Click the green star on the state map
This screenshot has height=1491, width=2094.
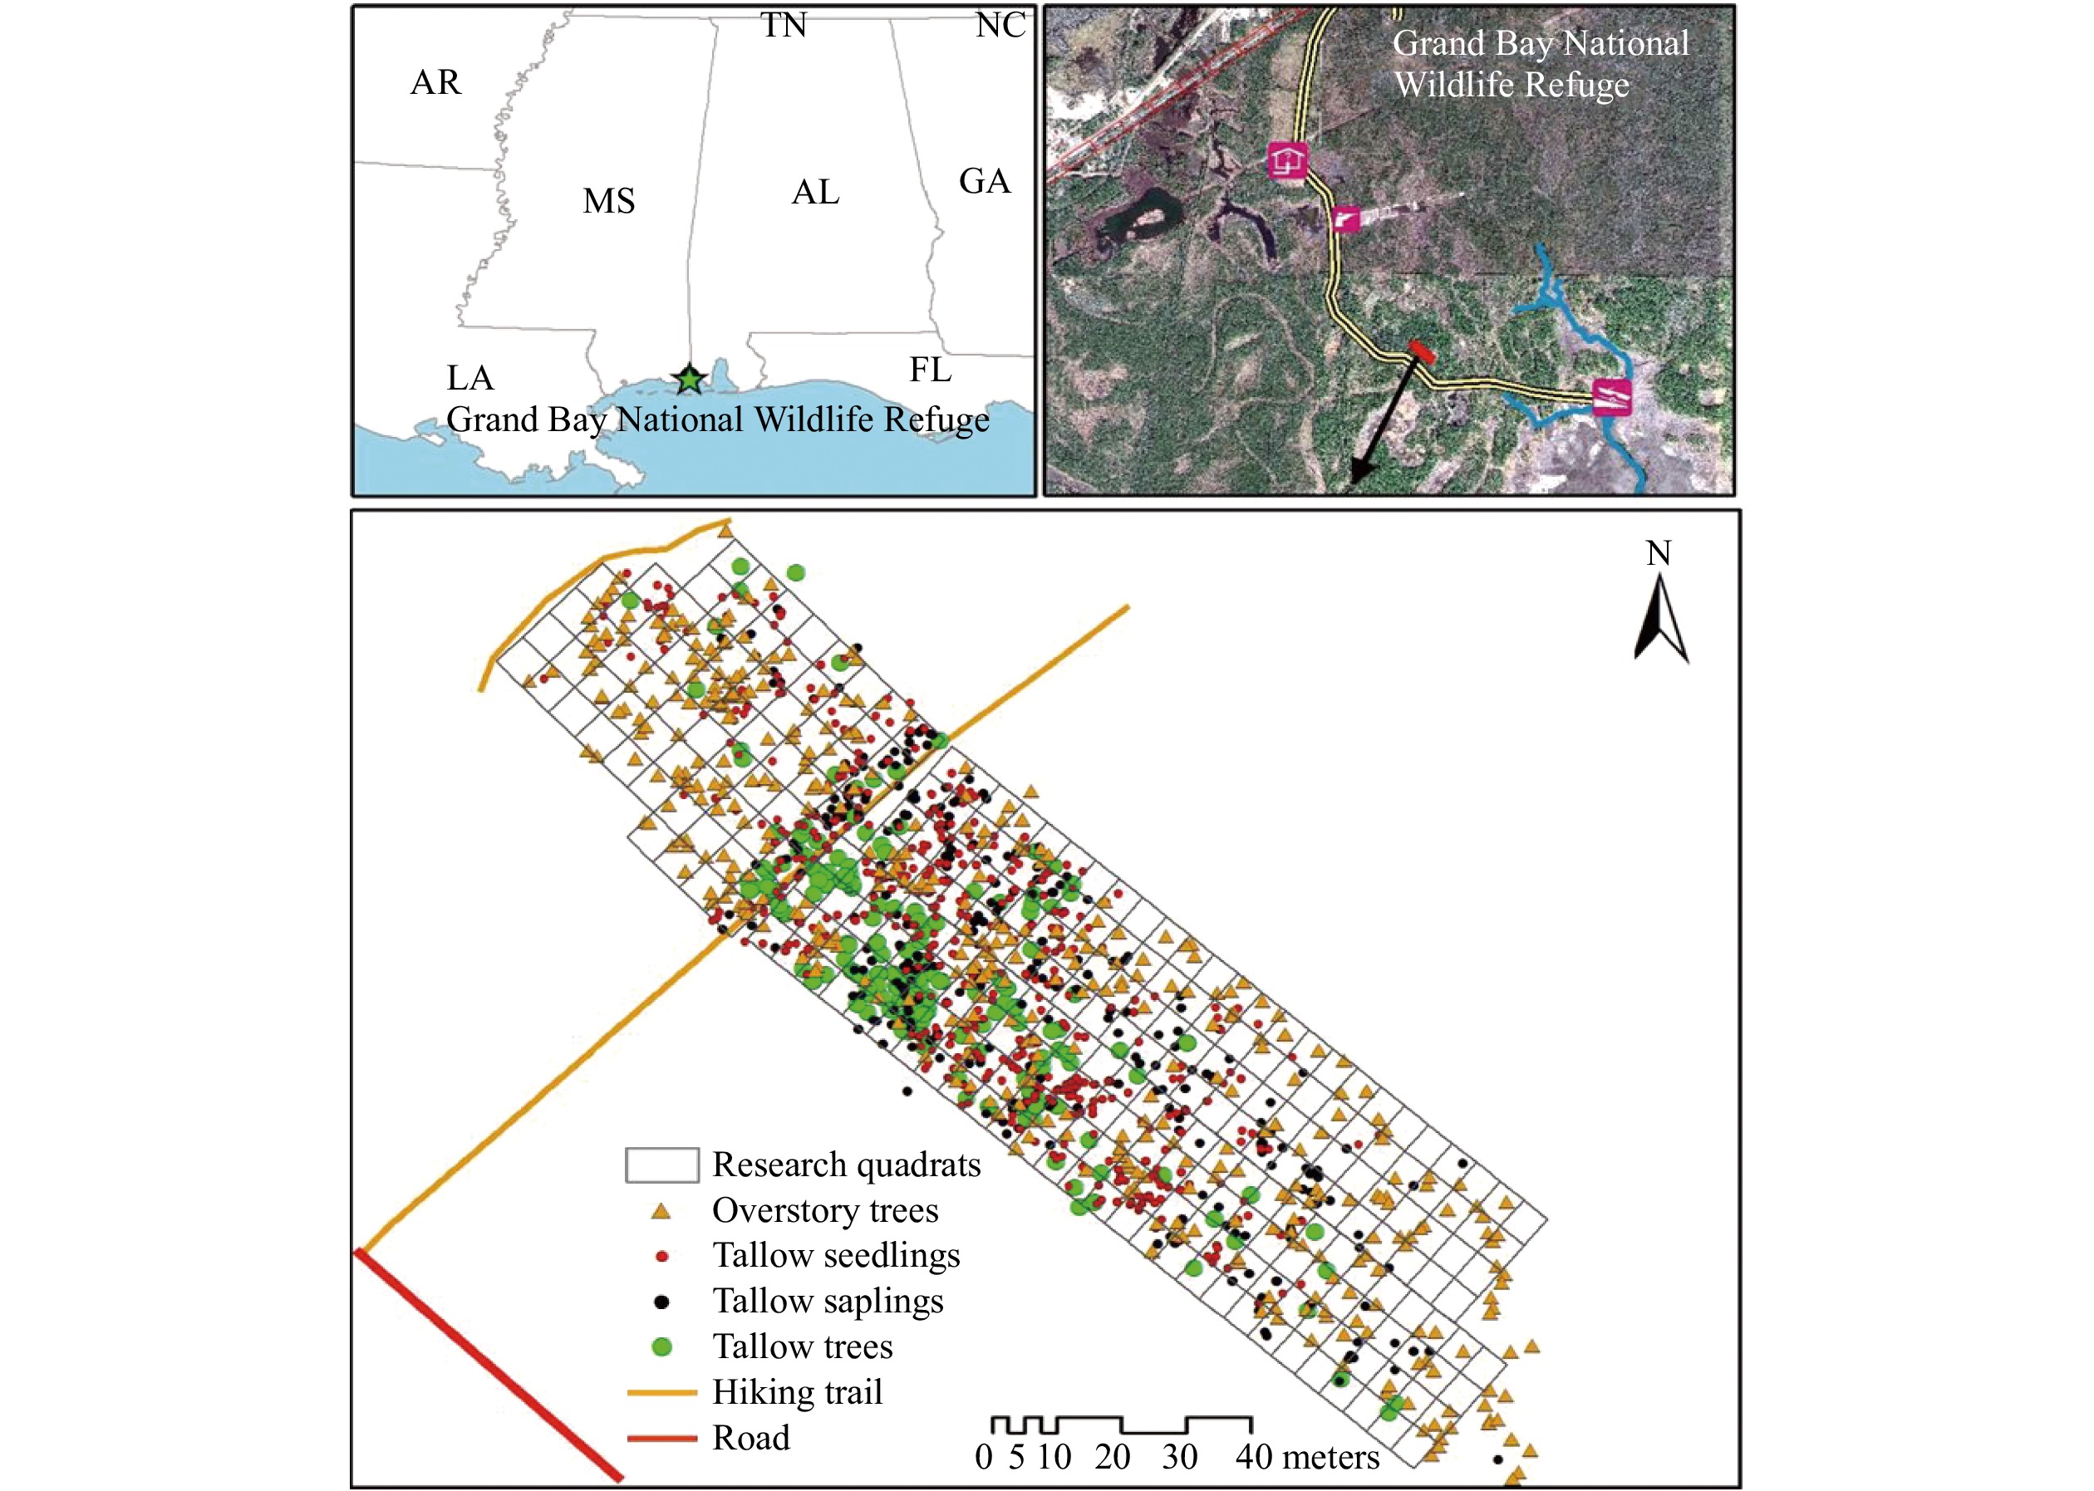(689, 378)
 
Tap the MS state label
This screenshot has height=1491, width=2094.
(609, 201)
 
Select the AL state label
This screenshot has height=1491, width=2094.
(815, 193)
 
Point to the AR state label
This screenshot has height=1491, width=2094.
(435, 82)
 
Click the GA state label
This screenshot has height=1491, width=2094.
(985, 182)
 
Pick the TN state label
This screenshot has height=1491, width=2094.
(784, 25)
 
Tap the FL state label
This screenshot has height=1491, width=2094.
(931, 370)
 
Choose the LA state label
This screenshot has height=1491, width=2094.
(470, 377)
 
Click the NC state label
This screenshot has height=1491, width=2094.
(1000, 25)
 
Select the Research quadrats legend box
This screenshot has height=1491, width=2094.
(661, 1165)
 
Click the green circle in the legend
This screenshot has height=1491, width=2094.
(661, 1346)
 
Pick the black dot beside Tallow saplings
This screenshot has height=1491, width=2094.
(661, 1302)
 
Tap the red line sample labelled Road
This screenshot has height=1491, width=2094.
(661, 1438)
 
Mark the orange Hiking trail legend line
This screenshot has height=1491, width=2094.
(661, 1393)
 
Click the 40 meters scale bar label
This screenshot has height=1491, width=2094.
(1307, 1457)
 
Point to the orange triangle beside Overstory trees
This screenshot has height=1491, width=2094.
(661, 1212)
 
